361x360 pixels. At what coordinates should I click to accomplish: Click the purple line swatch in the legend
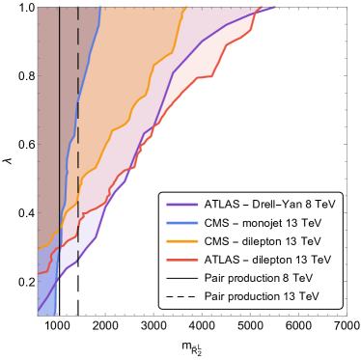coord(182,205)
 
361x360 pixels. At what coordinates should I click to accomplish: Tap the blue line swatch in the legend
coord(182,223)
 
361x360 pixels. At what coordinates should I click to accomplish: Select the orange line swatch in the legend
coord(182,241)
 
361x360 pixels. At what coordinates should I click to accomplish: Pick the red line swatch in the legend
coord(182,260)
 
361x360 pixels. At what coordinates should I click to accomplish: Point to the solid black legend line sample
coord(182,278)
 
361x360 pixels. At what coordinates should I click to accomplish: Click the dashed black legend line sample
coord(182,295)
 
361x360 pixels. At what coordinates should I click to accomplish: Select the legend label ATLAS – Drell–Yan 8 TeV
coord(267,205)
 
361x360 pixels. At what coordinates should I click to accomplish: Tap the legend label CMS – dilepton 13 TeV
coord(261,241)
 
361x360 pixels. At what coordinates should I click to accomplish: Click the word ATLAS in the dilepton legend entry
coord(221,260)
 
